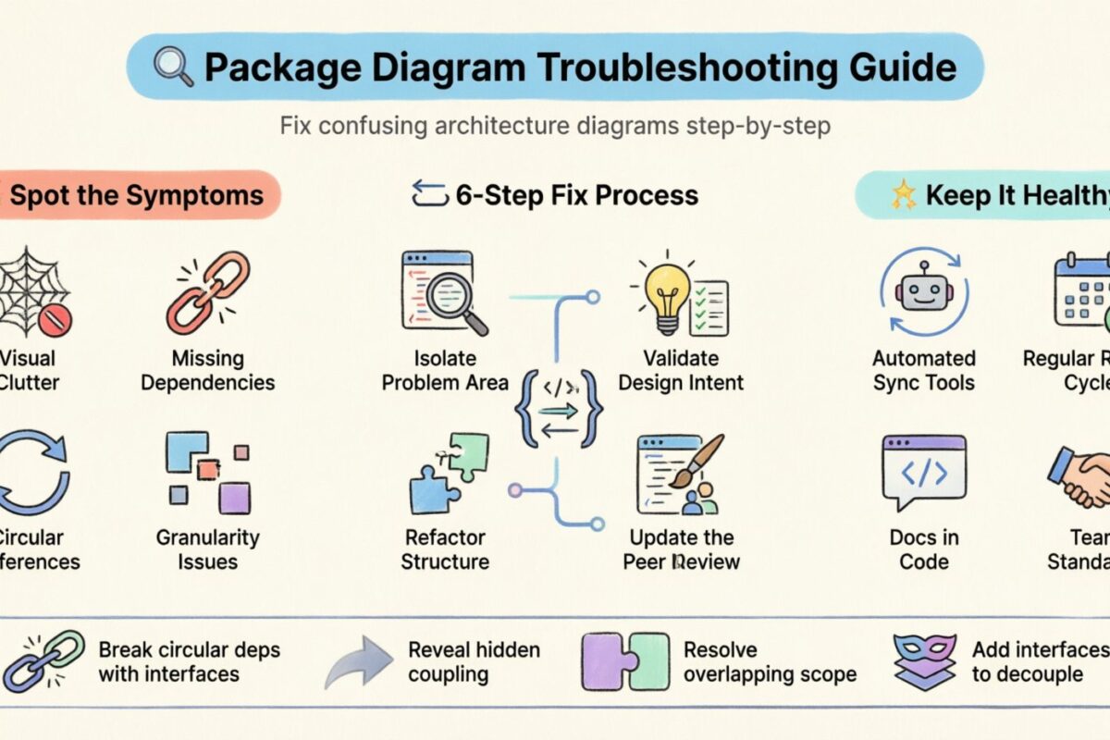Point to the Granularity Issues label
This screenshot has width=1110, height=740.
tap(207, 549)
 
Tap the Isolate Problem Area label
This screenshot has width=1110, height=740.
tap(446, 370)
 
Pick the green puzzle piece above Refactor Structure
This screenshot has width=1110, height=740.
tap(468, 457)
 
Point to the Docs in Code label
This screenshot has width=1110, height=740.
tap(923, 549)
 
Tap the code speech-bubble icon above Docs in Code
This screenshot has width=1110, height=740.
tap(923, 473)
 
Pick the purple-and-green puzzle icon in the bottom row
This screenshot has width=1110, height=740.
tap(625, 662)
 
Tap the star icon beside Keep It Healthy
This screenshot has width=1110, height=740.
tap(901, 195)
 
